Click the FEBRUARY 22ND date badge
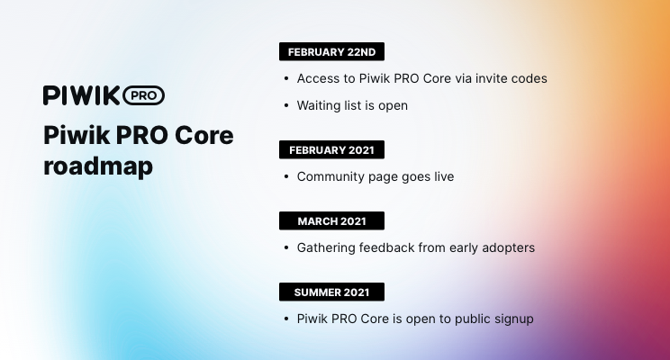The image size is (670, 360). tap(331, 51)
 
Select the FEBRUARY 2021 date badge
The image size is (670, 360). tap(331, 150)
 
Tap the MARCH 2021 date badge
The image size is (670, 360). tap(331, 220)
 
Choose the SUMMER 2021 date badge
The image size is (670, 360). tap(331, 292)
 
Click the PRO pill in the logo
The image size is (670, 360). tap(143, 95)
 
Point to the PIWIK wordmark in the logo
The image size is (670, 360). tap(82, 95)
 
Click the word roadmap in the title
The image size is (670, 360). tap(98, 166)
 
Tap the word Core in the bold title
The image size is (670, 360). tap(204, 135)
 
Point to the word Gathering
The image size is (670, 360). tap(326, 248)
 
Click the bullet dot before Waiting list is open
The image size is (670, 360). tap(286, 105)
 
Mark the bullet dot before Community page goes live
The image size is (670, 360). tap(286, 176)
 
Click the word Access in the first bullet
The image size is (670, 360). tap(317, 78)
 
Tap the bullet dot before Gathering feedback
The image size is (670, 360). tap(286, 247)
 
